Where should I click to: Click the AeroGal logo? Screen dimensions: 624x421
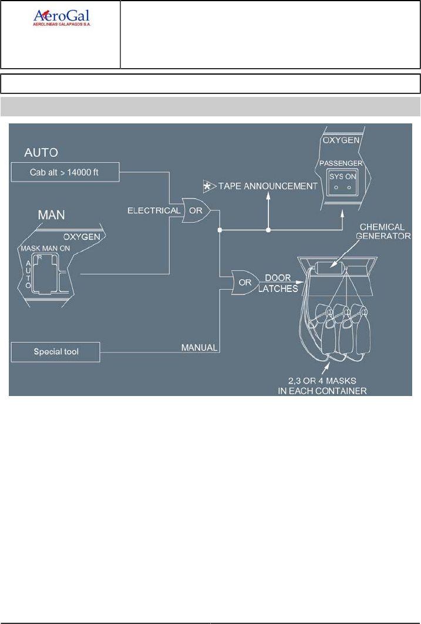click(60, 18)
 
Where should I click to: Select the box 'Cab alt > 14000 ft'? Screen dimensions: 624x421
click(65, 172)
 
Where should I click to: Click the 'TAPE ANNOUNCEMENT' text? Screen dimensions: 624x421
click(268, 186)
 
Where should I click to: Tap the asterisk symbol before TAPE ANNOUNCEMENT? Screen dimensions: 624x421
click(208, 186)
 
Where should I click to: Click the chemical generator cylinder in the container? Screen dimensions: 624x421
click(330, 268)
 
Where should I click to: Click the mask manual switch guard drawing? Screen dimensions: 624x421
click(47, 274)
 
